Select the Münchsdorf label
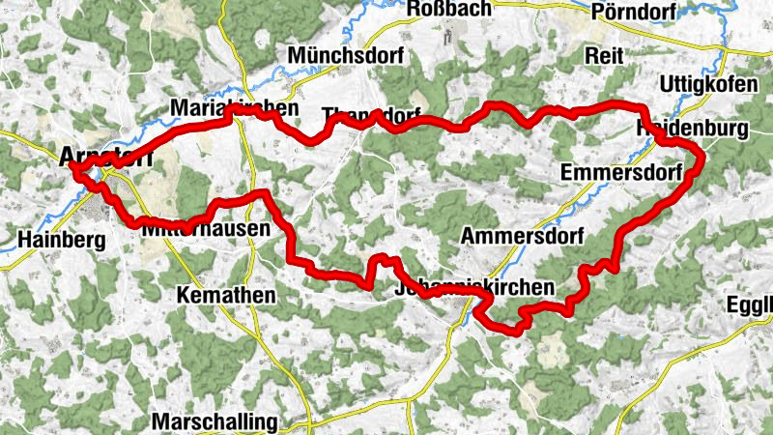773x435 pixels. coord(345,55)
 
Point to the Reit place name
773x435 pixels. coord(604,56)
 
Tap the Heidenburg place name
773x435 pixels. coord(694,130)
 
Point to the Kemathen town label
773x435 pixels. coord(227,294)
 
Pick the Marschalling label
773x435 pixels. coord(215,422)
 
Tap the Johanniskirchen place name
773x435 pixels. coord(474,288)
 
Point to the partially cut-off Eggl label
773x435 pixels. coord(754,307)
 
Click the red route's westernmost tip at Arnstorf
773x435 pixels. coord(72,167)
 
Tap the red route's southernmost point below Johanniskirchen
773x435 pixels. coord(515,331)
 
